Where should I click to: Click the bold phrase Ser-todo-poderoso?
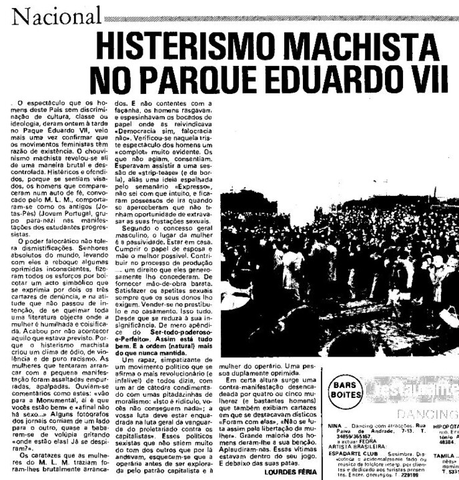tap(170, 331)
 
